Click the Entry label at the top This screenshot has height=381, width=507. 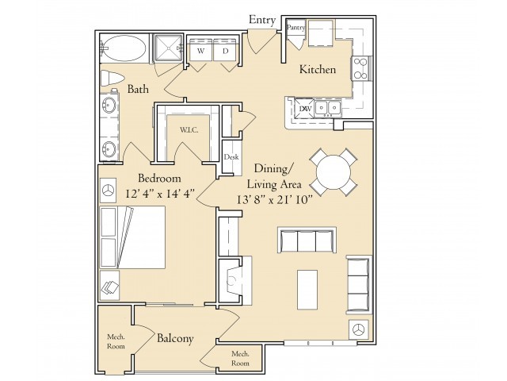262,20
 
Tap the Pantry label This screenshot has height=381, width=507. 295,28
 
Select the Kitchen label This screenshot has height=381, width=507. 318,69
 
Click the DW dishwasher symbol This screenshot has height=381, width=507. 305,109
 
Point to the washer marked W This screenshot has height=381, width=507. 200,51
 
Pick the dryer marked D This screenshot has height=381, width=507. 225,51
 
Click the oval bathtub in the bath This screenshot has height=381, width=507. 124,48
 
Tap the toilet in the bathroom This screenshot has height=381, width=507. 112,79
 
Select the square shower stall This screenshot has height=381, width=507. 168,48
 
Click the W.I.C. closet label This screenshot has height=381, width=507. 189,130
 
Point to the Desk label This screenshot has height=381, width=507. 231,157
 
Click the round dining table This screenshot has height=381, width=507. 334,171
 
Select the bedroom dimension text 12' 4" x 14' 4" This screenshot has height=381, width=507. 160,194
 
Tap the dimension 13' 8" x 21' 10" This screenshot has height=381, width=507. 274,200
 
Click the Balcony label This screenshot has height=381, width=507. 175,339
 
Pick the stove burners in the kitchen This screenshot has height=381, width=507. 360,68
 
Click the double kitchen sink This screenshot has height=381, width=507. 328,107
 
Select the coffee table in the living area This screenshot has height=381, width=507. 307,290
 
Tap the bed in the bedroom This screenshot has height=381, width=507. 132,237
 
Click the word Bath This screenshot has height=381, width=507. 138,89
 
